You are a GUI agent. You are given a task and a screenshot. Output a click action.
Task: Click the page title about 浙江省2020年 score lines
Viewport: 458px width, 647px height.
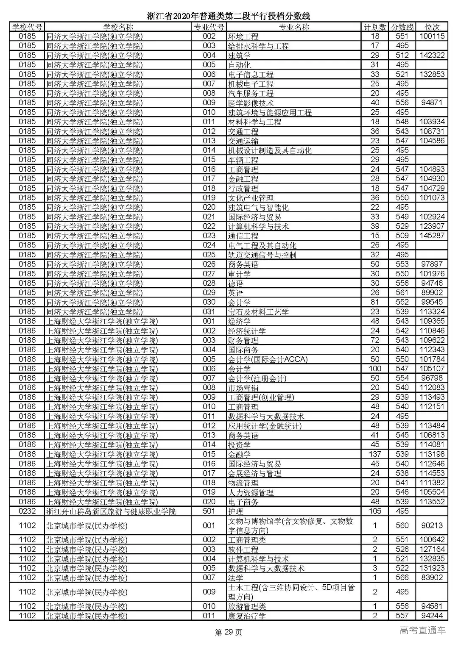pos(229,16)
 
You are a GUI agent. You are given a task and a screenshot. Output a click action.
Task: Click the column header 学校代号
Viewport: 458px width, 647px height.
pos(27,27)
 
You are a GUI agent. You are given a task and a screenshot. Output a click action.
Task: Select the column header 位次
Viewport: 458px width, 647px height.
pos(432,27)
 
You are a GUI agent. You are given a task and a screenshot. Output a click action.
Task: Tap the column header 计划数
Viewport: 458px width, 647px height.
pos(375,27)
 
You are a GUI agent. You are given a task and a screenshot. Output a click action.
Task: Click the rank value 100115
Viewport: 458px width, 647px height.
pos(432,36)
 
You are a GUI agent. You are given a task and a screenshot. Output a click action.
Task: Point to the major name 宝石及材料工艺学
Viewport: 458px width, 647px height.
pos(258,312)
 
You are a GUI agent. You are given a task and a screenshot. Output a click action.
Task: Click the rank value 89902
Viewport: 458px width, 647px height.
pos(432,293)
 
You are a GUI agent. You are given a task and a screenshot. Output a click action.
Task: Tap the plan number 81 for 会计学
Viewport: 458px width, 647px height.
pos(375,302)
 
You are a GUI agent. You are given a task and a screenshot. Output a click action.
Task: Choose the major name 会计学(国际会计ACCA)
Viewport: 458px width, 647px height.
pos(268,359)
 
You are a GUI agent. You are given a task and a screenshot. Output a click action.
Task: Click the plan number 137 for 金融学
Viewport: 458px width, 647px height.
pos(375,454)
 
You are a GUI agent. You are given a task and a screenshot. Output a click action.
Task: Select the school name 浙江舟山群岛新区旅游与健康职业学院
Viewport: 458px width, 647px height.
pos(111,511)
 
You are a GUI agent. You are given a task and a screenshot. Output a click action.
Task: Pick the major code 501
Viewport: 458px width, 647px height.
pos(209,511)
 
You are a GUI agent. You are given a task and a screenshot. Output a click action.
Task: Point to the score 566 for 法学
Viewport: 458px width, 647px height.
pos(402,578)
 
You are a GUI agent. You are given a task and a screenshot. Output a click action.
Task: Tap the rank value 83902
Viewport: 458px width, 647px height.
pos(432,578)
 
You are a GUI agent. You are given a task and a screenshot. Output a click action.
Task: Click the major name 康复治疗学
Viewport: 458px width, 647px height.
pos(247,616)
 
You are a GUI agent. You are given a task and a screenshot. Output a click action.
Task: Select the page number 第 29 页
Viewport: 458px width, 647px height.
pos(229,633)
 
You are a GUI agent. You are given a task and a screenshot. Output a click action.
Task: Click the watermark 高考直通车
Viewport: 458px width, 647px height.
pos(422,630)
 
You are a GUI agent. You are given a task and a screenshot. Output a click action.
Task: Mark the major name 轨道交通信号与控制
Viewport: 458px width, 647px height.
pos(262,255)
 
